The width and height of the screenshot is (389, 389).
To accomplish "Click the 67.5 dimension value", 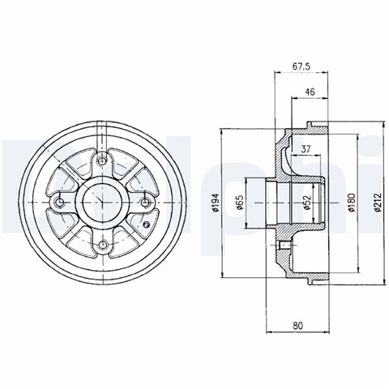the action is tap(301, 66).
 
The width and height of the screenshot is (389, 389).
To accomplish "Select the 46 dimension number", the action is tap(310, 92).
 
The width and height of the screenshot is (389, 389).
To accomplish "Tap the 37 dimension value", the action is tap(306, 148).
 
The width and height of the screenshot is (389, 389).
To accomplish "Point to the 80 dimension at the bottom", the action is tap(297, 326).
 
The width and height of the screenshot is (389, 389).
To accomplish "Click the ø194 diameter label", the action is tap(216, 203).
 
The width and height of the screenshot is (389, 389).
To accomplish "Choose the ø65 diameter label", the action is tap(240, 202).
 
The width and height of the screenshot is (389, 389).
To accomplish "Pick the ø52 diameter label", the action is tap(307, 203).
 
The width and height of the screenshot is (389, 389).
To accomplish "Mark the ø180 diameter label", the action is tap(352, 203).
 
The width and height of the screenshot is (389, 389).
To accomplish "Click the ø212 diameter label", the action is tap(378, 203).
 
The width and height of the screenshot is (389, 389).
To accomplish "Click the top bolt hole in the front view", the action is tap(102, 161).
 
